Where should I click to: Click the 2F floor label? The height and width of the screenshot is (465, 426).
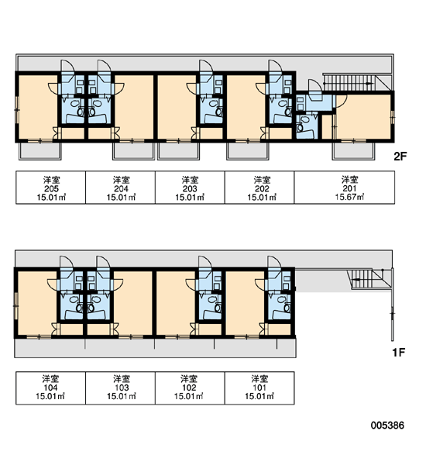pyautogui.click(x=400, y=156)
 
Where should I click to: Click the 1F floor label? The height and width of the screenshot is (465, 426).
pyautogui.click(x=399, y=353)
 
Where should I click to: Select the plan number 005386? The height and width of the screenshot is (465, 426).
pyautogui.click(x=387, y=425)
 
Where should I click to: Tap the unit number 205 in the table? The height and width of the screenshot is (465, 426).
pyautogui.click(x=51, y=188)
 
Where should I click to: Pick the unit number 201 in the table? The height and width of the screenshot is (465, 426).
pyautogui.click(x=350, y=188)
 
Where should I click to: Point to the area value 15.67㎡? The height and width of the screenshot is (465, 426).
pyautogui.click(x=350, y=197)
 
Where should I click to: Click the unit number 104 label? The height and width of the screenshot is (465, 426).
pyautogui.click(x=50, y=387)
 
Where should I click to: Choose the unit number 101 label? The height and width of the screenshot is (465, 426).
pyautogui.click(x=259, y=387)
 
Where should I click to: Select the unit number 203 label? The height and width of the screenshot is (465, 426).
pyautogui.click(x=190, y=188)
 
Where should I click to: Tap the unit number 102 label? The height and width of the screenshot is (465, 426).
pyautogui.click(x=189, y=387)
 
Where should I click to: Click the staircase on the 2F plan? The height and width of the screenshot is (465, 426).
pyautogui.click(x=352, y=82)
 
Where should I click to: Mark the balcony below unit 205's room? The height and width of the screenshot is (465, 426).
pyautogui.click(x=40, y=151)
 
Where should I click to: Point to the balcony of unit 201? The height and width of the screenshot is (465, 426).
pyautogui.click(x=353, y=151)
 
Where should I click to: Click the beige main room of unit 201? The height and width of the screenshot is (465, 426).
pyautogui.click(x=363, y=117)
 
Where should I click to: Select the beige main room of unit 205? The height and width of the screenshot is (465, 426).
pyautogui.click(x=37, y=107)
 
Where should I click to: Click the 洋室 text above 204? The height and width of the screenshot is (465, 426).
pyautogui.click(x=121, y=180)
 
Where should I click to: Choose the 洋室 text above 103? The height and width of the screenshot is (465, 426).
pyautogui.click(x=122, y=379)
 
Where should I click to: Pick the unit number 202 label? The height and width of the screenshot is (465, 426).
pyautogui.click(x=262, y=188)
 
